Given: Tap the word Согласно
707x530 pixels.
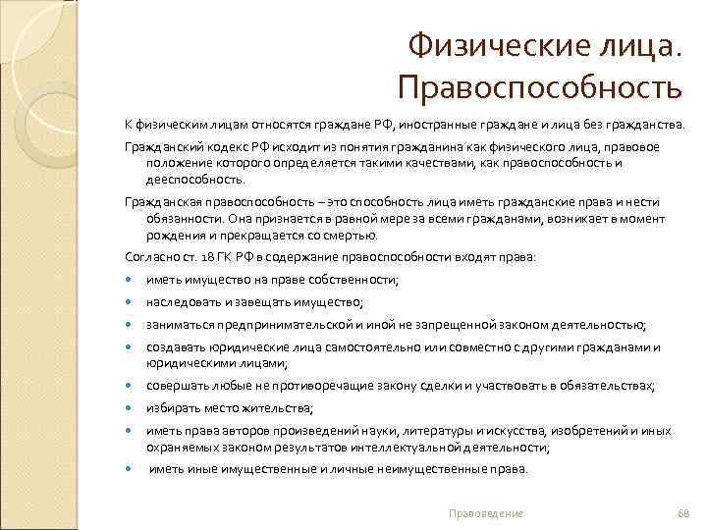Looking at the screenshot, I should click(x=148, y=256).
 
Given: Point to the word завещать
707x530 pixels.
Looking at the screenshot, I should click(x=273, y=302).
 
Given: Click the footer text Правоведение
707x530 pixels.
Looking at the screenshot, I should click(x=485, y=513).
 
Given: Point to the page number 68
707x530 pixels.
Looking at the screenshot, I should click(x=684, y=513).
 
